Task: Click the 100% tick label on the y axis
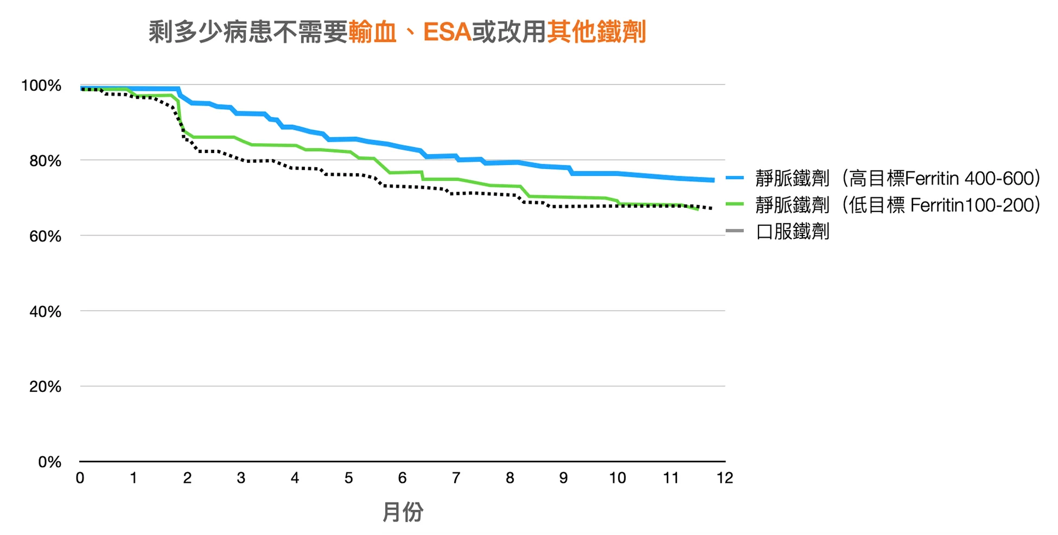[41, 86]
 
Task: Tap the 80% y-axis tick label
[45, 161]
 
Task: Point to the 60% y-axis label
[45, 237]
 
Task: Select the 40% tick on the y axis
[45, 312]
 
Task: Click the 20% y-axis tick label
[45, 387]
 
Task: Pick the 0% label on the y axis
[49, 462]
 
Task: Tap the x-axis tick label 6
[402, 478]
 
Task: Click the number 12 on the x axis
[724, 478]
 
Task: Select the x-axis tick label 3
[241, 478]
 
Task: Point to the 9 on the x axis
[563, 478]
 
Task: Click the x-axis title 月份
[403, 512]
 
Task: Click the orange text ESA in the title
[447, 32]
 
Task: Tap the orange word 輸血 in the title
[373, 32]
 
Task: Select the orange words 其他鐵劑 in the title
[596, 32]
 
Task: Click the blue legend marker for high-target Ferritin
[735, 178]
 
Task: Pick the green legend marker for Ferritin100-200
[735, 205]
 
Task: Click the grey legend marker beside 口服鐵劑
[735, 232]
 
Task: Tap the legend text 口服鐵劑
[793, 232]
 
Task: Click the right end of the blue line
[712, 180]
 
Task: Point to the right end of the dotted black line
[711, 208]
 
